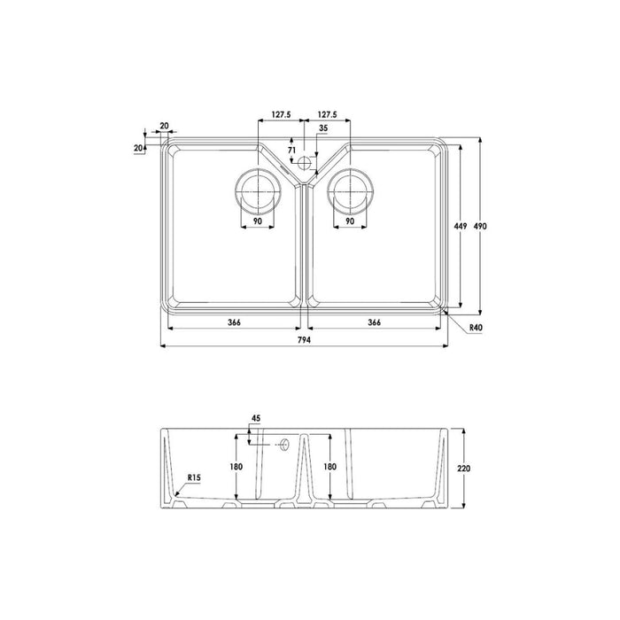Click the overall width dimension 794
click(306, 337)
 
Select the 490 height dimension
click(480, 227)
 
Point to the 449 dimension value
click(460, 227)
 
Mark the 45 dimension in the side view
click(256, 418)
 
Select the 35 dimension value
click(322, 128)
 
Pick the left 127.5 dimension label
click(282, 114)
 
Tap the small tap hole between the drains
click(306, 162)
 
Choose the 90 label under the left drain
click(257, 221)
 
